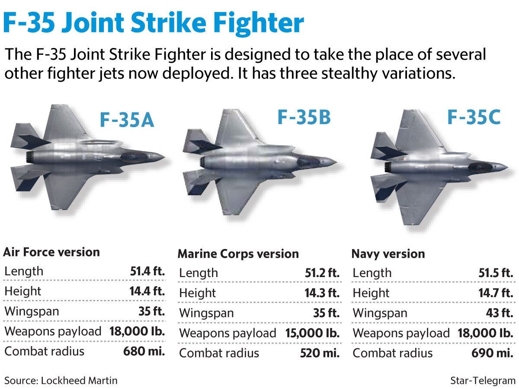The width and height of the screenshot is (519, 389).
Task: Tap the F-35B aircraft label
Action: tap(304, 117)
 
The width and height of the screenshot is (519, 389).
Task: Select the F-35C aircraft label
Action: tap(473, 117)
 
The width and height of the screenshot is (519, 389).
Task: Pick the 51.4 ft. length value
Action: tap(147, 271)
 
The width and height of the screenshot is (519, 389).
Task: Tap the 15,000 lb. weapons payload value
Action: tap(313, 333)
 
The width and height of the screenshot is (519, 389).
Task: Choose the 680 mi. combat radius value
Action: tap(144, 351)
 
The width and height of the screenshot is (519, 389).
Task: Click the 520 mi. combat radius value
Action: tap(320, 353)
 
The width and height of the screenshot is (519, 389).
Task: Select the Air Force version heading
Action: tap(51, 252)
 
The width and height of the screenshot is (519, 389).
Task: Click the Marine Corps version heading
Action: tap(238, 254)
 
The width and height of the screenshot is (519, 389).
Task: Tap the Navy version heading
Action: tap(388, 254)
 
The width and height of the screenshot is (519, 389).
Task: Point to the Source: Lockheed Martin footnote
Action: tap(61, 381)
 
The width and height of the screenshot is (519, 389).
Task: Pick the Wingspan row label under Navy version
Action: tap(380, 313)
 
